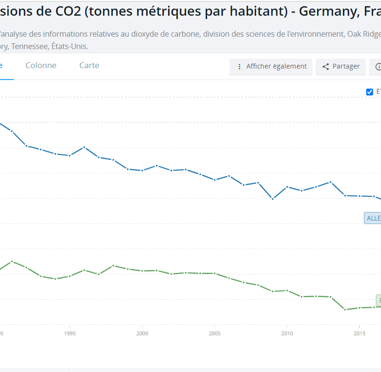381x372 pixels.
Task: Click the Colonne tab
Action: pyautogui.click(x=41, y=66)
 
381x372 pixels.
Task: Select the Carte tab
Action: pyautogui.click(x=89, y=66)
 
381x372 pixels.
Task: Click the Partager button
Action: pyautogui.click(x=341, y=67)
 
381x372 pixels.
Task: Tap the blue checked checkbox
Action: pyautogui.click(x=370, y=92)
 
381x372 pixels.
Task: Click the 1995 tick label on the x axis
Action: pyautogui.click(x=70, y=333)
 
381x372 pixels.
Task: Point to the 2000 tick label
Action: pyautogui.click(x=142, y=333)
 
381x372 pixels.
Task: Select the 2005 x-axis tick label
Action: pyautogui.click(x=215, y=333)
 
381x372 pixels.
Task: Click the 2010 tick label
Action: pyautogui.click(x=287, y=333)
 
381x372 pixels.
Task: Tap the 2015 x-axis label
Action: pyautogui.click(x=360, y=333)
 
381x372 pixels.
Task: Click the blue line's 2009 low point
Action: pyautogui.click(x=272, y=199)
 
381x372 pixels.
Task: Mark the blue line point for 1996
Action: pyautogui.click(x=84, y=147)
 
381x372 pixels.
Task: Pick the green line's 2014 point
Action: pyautogui.click(x=345, y=310)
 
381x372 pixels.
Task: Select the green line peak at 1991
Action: pyautogui.click(x=12, y=261)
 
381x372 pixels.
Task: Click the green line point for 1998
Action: pyautogui.click(x=113, y=265)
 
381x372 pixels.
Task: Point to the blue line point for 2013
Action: pyautogui.click(x=331, y=182)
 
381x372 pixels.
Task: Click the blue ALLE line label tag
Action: pyautogui.click(x=373, y=218)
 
